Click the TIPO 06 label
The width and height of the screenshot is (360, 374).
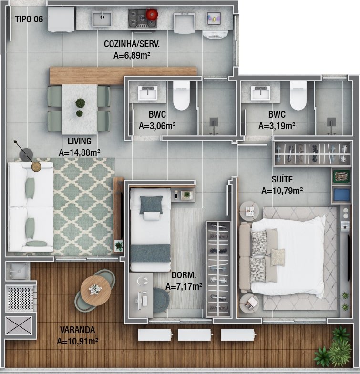pos(29,19)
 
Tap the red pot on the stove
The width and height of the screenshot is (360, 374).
pos(152,14)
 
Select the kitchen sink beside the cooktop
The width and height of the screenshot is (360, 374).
pos(102,19)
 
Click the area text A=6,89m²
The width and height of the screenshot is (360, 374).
pos(132,55)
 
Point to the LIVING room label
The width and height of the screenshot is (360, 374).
pos(80,141)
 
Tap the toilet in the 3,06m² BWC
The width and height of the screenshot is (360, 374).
pos(181,95)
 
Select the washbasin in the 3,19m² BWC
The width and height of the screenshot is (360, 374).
pos(260,93)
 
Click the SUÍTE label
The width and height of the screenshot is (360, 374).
pos(282,179)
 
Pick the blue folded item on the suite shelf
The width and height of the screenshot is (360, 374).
pos(341,195)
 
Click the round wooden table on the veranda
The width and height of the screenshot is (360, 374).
pos(95,291)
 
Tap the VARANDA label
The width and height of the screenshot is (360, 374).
pos(78,330)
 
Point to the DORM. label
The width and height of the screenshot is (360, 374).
pos(184,275)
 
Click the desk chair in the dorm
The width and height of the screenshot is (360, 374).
pos(161,300)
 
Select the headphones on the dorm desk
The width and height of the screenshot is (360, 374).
pos(142,281)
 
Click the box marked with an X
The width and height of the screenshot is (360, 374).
pos(19,325)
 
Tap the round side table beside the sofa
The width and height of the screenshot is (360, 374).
pos(36,166)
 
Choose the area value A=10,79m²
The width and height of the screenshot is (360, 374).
pos(282,191)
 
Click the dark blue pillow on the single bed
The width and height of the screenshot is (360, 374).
pos(151,204)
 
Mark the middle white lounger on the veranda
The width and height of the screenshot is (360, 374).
pos(195,334)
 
